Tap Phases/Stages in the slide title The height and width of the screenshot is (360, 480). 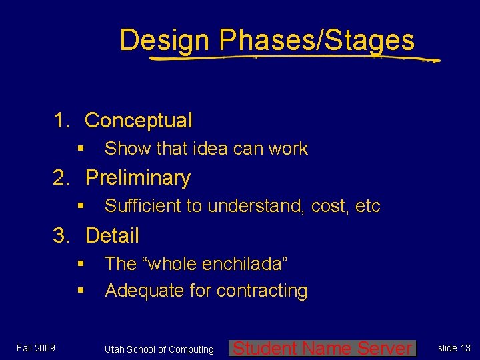tap(316, 41)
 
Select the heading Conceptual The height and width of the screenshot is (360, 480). tap(139, 121)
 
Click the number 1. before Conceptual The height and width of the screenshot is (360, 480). tap(63, 121)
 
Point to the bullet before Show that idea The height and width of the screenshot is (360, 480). tap(80, 149)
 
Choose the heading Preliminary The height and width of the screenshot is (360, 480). tap(138, 178)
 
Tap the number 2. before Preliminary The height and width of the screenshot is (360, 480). tap(63, 178)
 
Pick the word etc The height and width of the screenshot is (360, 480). tap(367, 207)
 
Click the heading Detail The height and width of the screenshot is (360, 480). tap(112, 235)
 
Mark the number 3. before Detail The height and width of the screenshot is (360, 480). tap(63, 235)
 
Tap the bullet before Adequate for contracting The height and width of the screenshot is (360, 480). tap(80, 291)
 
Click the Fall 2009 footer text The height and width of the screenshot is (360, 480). tap(36, 348)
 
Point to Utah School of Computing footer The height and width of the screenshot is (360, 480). tap(159, 349)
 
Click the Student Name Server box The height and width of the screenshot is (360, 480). tap(322, 348)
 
